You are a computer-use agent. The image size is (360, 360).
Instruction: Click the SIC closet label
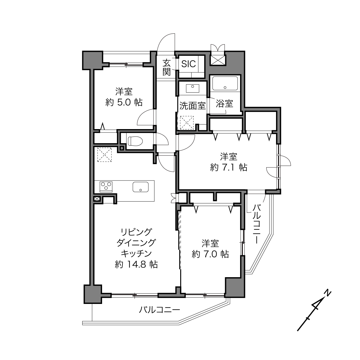click(x=189, y=64)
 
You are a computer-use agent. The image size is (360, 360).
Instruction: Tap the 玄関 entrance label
click(x=166, y=68)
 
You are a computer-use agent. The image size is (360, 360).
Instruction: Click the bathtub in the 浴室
click(x=225, y=83)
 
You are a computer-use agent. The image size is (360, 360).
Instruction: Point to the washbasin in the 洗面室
click(x=192, y=88)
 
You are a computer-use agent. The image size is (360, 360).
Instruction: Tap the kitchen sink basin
click(x=141, y=187)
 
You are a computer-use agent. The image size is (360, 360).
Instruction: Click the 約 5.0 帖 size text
click(x=124, y=103)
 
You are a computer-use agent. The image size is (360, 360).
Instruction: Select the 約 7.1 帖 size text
click(x=229, y=167)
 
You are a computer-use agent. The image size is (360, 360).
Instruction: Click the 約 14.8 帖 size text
click(x=136, y=265)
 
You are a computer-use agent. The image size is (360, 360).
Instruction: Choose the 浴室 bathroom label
click(x=224, y=104)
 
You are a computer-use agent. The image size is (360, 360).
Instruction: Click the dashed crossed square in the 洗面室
click(x=187, y=122)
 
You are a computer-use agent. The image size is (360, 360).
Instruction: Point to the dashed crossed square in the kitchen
click(x=104, y=154)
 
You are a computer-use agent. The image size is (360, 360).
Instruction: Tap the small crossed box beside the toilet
click(x=122, y=148)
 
